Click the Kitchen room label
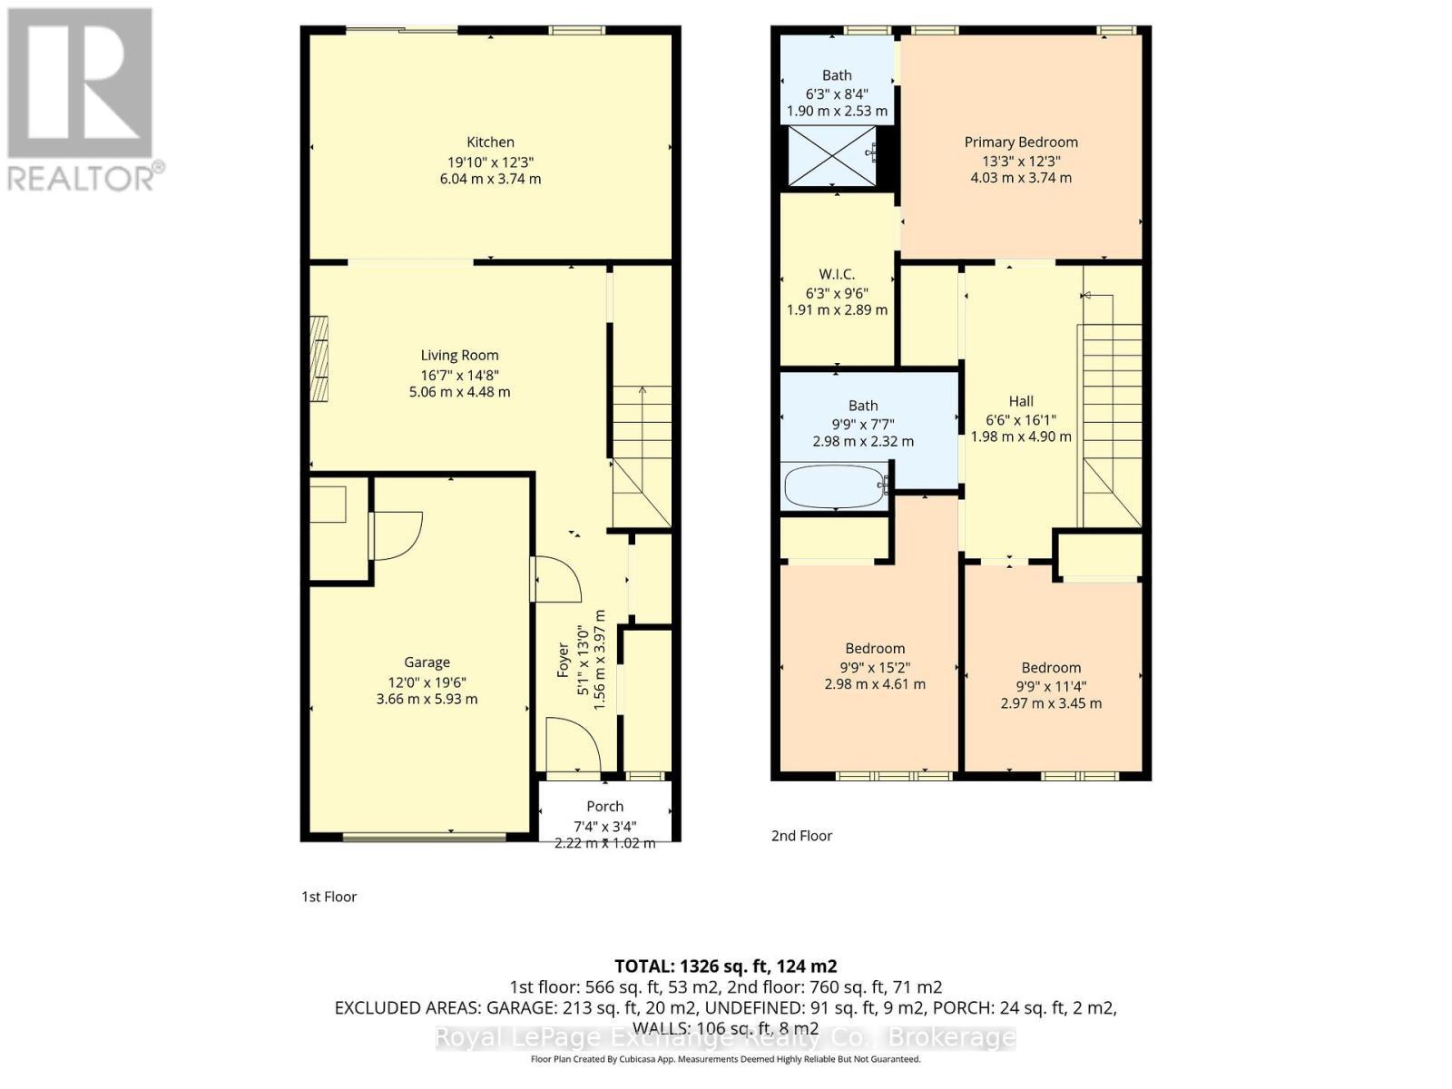pos(490,142)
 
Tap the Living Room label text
pos(459,356)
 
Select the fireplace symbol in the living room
pos(319,358)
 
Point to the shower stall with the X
pos(832,156)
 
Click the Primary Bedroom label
pos(1021,142)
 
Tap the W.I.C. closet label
pos(837,274)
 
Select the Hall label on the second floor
pos(1021,401)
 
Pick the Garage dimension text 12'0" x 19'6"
pos(427,682)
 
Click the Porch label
pos(604,807)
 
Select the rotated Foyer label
pos(564,660)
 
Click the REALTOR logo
pos(82,100)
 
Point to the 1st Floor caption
pos(329,897)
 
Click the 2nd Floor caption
pos(801,836)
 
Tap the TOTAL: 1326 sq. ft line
pos(725,966)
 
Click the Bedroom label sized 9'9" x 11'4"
pos(1051,668)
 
